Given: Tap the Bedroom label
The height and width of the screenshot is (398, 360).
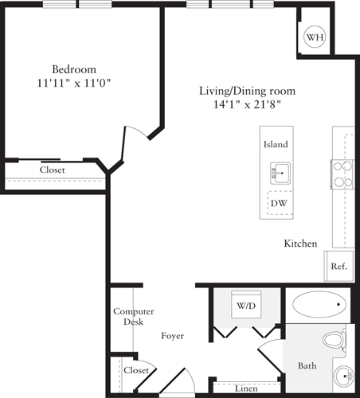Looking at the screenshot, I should pos(74,68).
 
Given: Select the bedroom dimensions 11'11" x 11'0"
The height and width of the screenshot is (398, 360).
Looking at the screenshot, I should pos(74,81).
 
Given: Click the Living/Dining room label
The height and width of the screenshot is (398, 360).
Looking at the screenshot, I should pos(240,91).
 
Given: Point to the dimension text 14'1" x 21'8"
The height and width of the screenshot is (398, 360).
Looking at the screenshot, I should pos(240,103).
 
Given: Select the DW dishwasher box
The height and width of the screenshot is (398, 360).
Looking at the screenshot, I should pos(279,203).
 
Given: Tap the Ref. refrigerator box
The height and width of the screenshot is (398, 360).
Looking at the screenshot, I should pos(338,267).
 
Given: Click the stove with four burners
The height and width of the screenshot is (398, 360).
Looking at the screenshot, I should pos(342,174).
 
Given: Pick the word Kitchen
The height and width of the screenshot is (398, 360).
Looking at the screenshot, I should pos(301,244).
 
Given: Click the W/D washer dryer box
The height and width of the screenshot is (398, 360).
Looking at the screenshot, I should pos(245,305).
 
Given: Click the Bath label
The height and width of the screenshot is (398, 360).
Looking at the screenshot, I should pos(307,366).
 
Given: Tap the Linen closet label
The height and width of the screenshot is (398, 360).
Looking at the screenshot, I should pos(246,388).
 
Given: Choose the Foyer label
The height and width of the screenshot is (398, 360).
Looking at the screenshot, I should pos(172,336).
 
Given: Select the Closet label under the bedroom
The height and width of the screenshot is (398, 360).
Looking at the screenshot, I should pos(53,170).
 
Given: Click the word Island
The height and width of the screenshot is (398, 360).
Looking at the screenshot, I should pos(276,145).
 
